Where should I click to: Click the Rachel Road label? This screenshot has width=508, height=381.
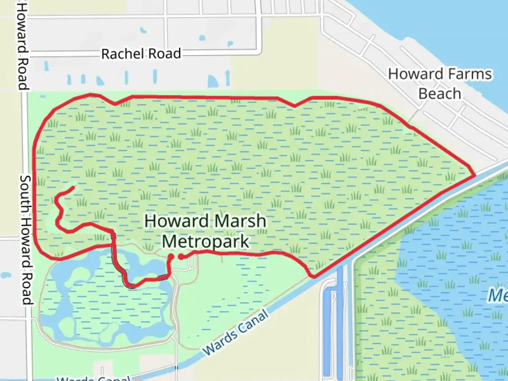coord(141,54)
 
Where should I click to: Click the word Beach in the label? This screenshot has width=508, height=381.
coord(440,94)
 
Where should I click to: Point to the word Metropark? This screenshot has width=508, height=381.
coord(206,242)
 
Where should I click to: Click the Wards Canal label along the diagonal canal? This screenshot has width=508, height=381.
coord(235,333)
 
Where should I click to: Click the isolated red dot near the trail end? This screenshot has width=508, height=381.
coord(181,257)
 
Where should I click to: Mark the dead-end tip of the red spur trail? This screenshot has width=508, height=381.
coord(73,187)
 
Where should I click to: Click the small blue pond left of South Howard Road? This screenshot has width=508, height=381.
coord(6,275)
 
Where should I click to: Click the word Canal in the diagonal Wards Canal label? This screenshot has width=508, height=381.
coord(253,322)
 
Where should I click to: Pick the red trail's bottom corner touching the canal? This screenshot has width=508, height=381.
coord(313,277)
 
